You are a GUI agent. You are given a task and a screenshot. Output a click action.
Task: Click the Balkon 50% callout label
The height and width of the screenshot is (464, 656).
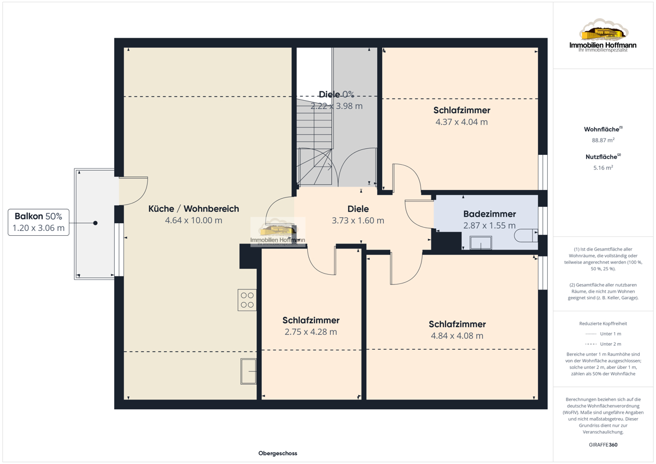(x=38, y=222)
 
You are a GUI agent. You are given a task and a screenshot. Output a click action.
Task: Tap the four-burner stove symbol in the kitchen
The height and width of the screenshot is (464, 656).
(x=247, y=300)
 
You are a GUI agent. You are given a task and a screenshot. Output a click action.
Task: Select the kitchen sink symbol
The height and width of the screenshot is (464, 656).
(x=248, y=371)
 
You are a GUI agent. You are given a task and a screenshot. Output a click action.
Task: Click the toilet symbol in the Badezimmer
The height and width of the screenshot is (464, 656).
(x=526, y=236)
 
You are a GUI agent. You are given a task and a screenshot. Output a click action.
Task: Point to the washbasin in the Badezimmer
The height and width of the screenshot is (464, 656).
(x=481, y=243)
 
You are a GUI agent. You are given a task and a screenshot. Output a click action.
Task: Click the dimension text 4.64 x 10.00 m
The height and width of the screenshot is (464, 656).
(x=194, y=221)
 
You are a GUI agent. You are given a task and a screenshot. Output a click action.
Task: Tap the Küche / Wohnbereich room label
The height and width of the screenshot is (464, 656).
(x=194, y=208)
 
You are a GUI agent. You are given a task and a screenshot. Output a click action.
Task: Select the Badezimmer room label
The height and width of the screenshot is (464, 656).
(x=489, y=214)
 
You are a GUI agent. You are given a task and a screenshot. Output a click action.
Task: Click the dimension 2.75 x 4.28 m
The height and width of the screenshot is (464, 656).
(x=311, y=332)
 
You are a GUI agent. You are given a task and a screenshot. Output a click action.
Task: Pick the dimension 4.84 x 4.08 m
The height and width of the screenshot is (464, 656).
(x=457, y=335)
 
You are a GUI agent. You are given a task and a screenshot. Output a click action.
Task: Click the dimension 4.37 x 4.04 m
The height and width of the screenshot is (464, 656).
(x=461, y=122)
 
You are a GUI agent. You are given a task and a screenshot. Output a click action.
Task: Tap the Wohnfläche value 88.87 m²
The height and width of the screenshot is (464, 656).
(x=603, y=140)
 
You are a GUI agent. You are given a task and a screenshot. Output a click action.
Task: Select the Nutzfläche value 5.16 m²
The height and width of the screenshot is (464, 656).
(x=603, y=167)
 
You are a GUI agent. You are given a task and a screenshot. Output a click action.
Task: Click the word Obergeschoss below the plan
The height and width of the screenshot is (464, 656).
(x=278, y=453)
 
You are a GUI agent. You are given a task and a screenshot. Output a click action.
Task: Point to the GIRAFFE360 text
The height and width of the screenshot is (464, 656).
(x=603, y=445)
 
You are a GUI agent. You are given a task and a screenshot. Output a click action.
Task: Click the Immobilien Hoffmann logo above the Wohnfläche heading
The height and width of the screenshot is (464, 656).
(x=603, y=36)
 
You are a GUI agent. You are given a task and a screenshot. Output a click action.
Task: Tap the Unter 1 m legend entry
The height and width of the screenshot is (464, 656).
(x=603, y=334)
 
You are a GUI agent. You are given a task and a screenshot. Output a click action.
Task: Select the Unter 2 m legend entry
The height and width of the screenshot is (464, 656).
(x=603, y=344)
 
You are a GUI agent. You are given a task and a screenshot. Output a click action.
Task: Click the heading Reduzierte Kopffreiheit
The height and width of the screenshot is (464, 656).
(x=603, y=323)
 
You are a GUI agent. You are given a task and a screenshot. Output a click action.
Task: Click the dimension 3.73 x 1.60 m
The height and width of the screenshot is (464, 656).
(x=358, y=221)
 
